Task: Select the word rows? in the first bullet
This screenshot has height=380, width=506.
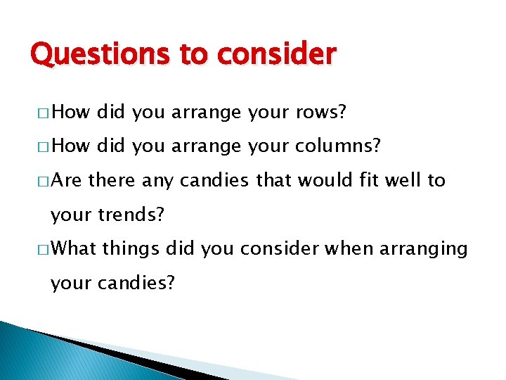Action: (x=323, y=112)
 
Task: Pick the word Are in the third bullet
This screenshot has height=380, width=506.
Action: (x=67, y=180)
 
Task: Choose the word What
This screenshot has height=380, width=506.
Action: (x=74, y=248)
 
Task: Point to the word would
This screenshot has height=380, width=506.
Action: (x=316, y=180)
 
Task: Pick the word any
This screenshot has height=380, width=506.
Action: (x=158, y=180)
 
